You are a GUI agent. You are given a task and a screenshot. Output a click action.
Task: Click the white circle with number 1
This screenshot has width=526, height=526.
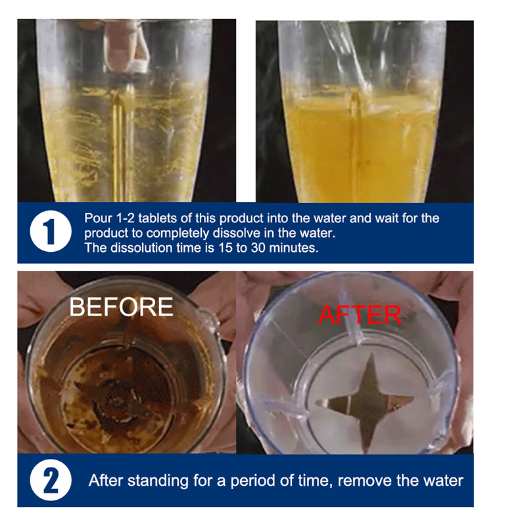pyautogui.click(x=51, y=231)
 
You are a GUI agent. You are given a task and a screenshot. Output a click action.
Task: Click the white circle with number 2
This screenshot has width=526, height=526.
pyautogui.click(x=51, y=480)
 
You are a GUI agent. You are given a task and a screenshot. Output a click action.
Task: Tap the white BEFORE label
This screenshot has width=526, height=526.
pyautogui.click(x=121, y=307)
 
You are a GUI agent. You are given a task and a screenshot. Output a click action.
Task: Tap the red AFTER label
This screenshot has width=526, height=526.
pyautogui.click(x=359, y=315)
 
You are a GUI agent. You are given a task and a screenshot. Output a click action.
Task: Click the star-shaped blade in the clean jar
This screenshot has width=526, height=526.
pyautogui.click(x=368, y=402)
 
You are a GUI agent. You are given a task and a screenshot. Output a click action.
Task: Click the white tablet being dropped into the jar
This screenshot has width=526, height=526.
pyautogui.click(x=141, y=67)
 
